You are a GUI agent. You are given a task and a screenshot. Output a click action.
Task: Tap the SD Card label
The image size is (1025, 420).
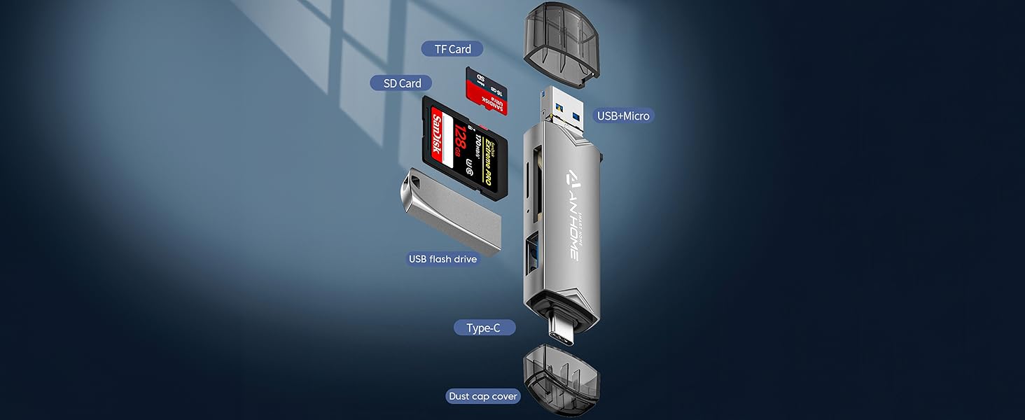(402, 83)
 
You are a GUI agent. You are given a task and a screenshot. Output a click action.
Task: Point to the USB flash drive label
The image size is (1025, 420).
(442, 259)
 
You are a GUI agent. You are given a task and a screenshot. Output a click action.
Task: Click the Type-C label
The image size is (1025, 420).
(484, 328)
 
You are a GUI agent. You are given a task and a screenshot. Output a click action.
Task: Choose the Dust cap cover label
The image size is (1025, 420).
(483, 396)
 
